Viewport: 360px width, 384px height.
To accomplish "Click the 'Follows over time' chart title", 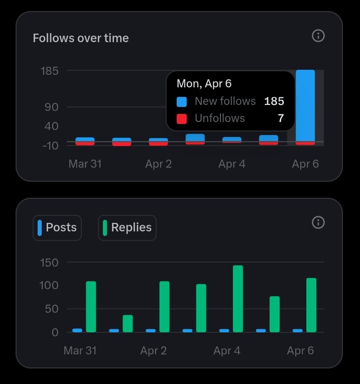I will pos(80,38).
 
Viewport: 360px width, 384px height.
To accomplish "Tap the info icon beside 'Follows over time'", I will pos(318,36).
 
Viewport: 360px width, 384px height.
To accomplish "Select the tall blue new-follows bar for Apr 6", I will pos(305,105).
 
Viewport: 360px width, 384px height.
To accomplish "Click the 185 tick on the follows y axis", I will pos(50,71).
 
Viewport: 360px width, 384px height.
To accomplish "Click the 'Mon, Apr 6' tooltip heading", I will pos(204,84).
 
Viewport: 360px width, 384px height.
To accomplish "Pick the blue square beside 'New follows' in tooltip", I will pos(182,101).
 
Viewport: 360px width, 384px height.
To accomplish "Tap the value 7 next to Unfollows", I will pos(281,118).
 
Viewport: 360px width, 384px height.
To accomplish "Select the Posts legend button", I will pos(57,228).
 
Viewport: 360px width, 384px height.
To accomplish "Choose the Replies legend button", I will pos(127,228).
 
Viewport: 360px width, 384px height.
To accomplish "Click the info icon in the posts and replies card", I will pos(318,222).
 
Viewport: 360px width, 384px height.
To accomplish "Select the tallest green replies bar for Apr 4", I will pos(238,299).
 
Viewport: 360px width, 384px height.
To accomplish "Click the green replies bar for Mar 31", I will pos(91,307).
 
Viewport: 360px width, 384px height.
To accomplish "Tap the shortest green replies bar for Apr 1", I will pos(128,323).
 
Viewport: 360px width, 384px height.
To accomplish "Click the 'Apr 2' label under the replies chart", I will pos(154,350).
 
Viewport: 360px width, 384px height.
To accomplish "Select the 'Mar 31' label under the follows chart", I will pos(85,164).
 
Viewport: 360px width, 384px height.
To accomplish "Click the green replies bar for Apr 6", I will pos(311,305).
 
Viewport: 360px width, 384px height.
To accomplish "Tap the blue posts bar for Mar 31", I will pos(77,330).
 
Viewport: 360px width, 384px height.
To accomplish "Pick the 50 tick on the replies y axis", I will pos(51,309).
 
